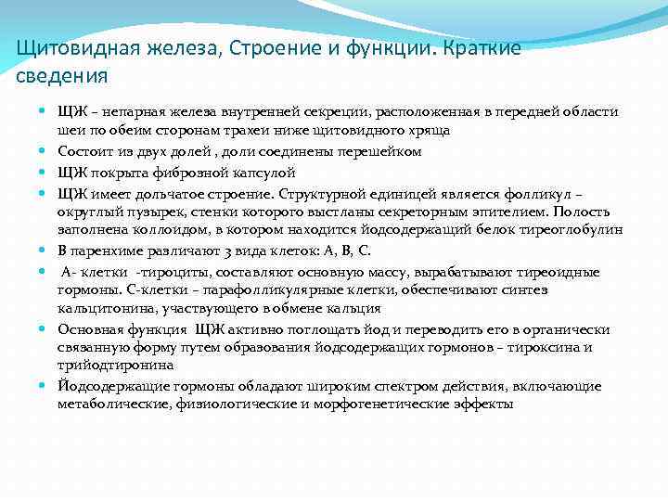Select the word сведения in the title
pyautogui.click(x=62, y=75)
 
